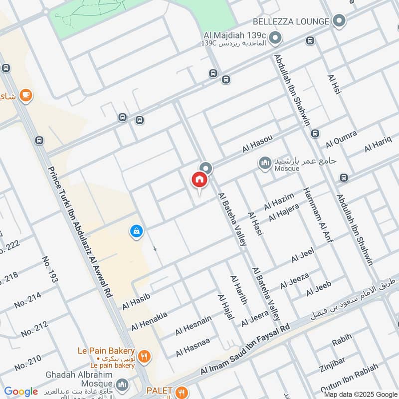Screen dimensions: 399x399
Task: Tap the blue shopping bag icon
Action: point(136,231)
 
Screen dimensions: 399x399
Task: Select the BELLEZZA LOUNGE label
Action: point(291,21)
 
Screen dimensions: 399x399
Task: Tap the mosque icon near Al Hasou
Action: point(265,163)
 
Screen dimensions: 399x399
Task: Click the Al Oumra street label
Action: point(342,140)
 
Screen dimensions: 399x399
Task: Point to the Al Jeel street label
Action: point(302,256)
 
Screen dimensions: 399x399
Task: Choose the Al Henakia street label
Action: point(149,320)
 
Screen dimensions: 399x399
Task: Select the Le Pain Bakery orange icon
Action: point(144,356)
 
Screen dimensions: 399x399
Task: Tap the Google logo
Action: point(21,392)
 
